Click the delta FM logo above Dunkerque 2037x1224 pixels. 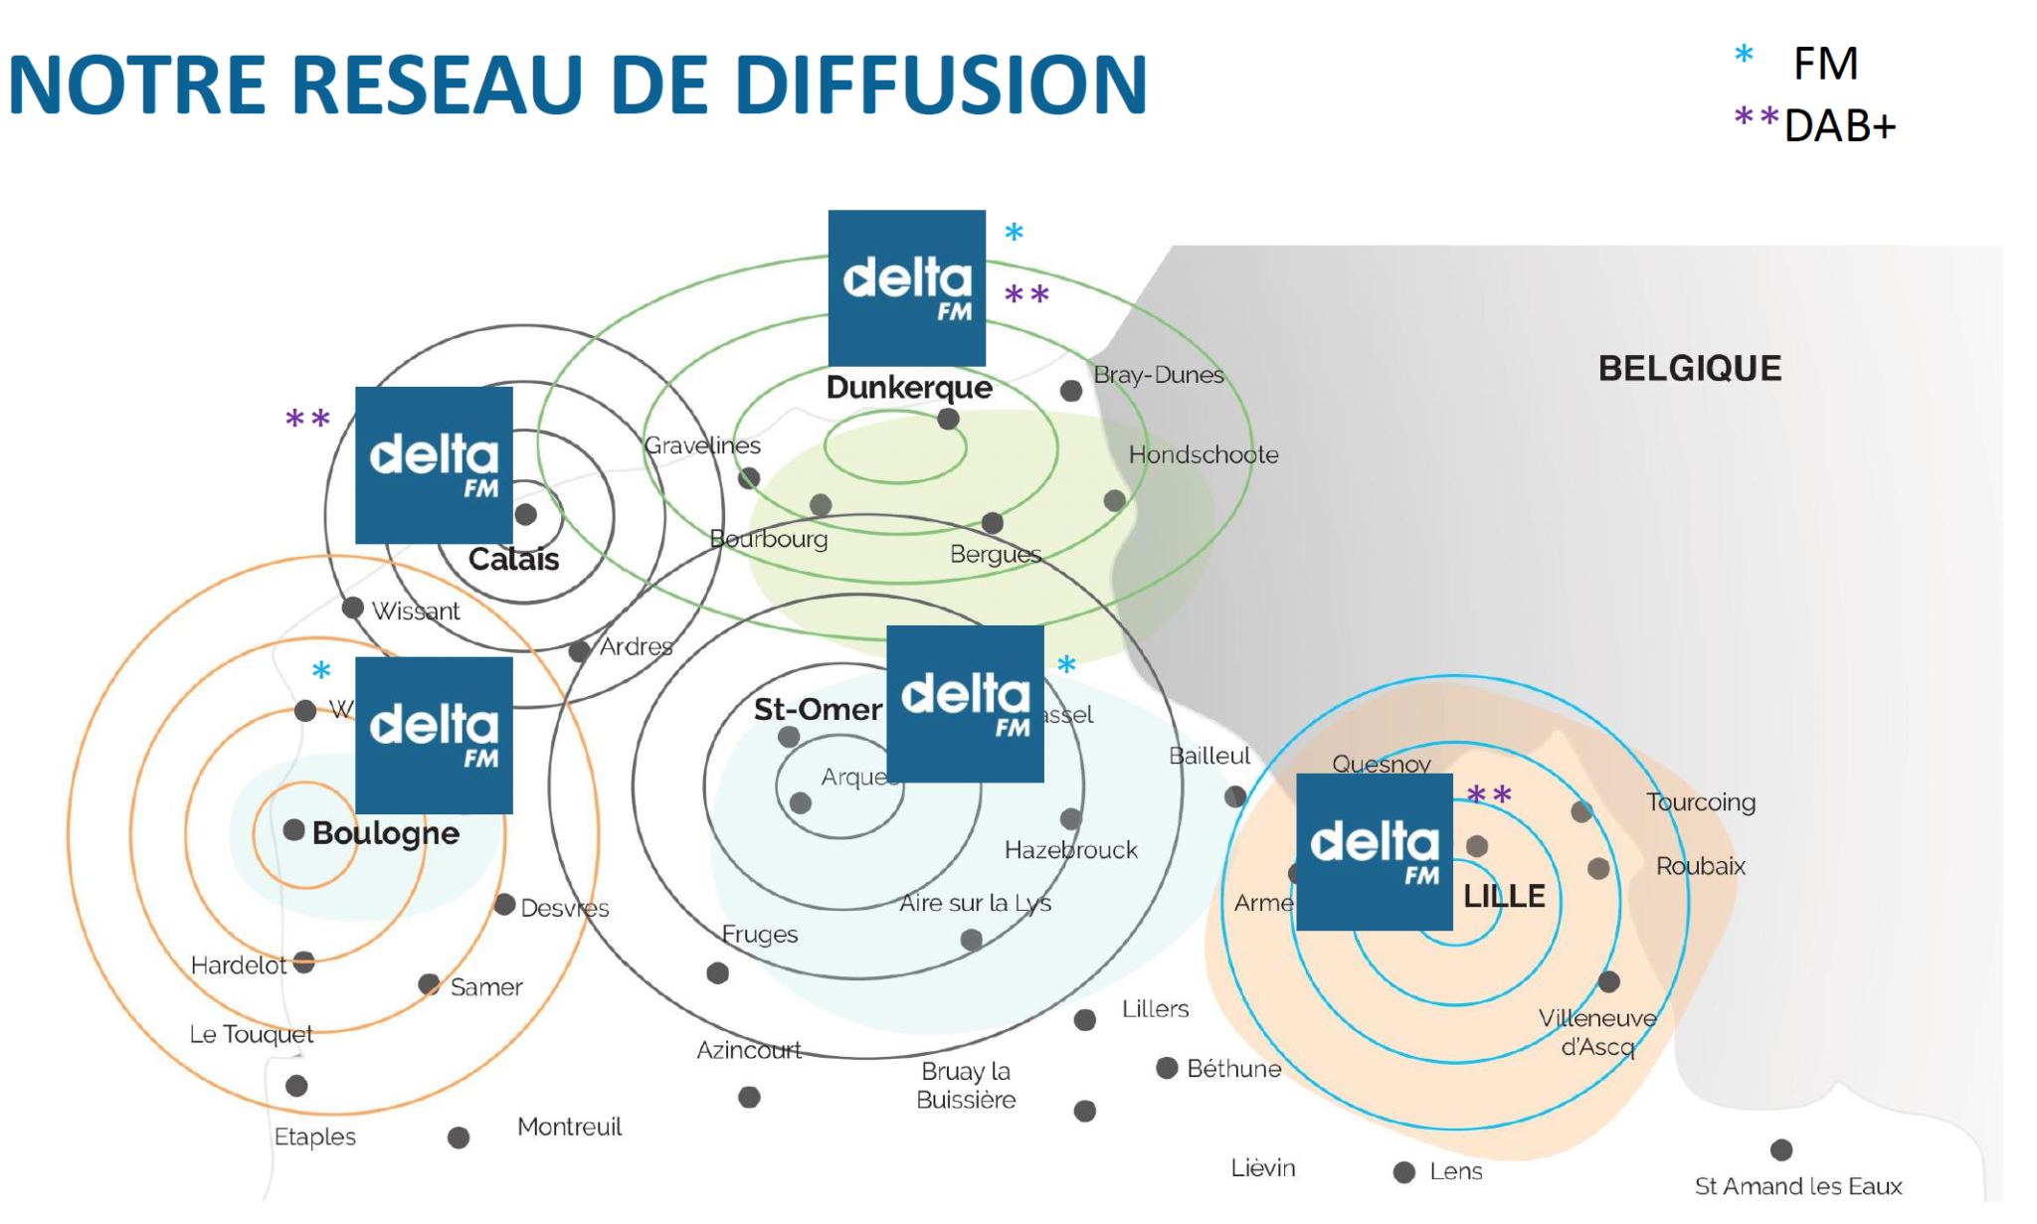click(x=906, y=288)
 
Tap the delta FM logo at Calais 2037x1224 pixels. click(x=434, y=464)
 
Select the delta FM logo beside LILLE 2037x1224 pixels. click(x=1375, y=852)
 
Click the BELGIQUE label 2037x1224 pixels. click(x=1689, y=369)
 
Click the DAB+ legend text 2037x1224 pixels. click(x=1840, y=126)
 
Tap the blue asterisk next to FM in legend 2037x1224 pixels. click(x=1744, y=56)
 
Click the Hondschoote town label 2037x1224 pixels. click(x=1203, y=454)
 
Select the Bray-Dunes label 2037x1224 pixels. click(x=1158, y=375)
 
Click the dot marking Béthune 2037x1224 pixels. click(x=1167, y=1068)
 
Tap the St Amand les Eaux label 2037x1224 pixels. click(x=1797, y=1185)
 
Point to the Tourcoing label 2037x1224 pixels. click(x=1700, y=801)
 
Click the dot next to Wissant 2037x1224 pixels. click(x=352, y=608)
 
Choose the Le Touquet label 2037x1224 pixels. click(x=251, y=1034)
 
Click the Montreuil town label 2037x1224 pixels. click(x=569, y=1127)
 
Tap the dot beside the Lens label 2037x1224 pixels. click(x=1403, y=1172)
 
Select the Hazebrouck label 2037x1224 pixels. click(x=1070, y=850)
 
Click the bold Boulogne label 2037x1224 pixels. click(x=385, y=833)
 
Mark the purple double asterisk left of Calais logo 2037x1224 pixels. click(x=307, y=419)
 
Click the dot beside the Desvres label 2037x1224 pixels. click(x=504, y=905)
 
